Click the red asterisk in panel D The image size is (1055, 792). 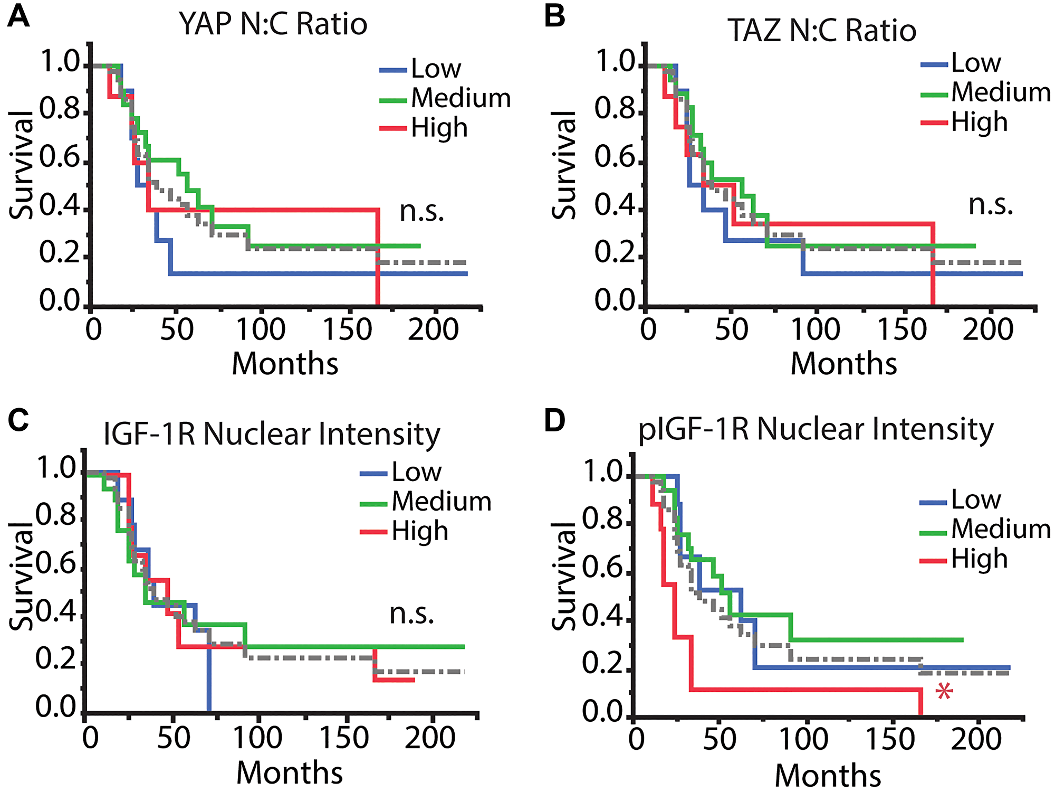coord(944,691)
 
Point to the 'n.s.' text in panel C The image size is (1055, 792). coord(411,614)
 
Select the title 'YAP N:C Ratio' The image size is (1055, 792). coord(273,24)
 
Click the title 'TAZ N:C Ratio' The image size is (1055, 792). coord(822,31)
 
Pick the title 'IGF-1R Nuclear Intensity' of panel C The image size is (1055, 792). coord(272,435)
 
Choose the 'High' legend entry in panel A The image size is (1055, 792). coord(439,128)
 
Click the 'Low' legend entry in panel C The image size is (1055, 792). coord(416,472)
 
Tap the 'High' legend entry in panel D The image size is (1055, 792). coord(979,559)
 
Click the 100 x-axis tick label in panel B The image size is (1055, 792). coord(815,330)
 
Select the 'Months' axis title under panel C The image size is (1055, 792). coord(289,772)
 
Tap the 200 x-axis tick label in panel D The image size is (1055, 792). coord(976,739)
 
